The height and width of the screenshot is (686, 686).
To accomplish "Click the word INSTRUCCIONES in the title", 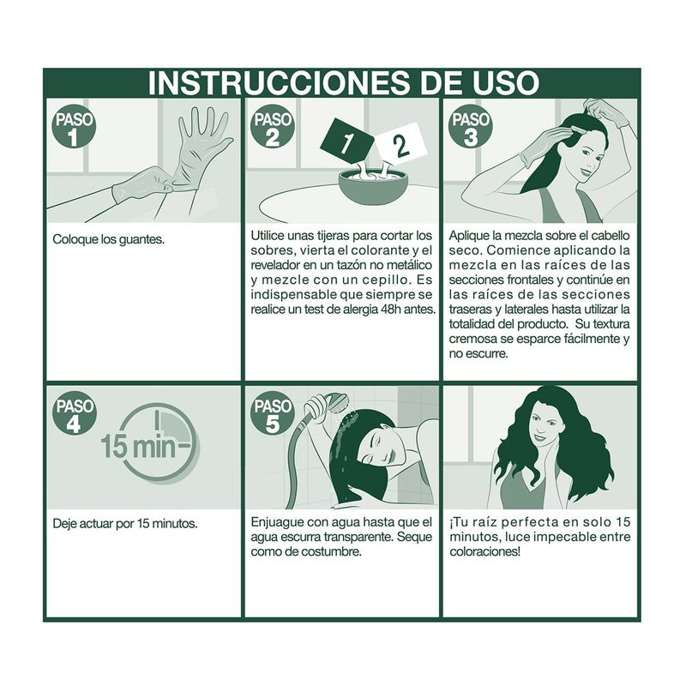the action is tap(280, 82).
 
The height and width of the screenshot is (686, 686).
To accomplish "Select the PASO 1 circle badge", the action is tap(74, 126).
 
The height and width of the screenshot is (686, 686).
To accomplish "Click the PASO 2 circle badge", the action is tap(272, 126).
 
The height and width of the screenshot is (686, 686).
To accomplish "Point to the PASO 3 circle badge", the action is tap(470, 126).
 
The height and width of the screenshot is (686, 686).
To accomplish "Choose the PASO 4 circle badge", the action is tap(74, 413).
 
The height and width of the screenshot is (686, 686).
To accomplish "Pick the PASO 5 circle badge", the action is tap(272, 413).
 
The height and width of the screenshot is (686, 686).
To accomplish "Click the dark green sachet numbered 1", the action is tap(347, 141).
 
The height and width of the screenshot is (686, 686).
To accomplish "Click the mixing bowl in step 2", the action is tap(373, 187).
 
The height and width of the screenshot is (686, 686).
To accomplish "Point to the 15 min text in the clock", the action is tap(138, 446).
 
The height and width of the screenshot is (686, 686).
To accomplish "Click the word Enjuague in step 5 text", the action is tap(277, 523).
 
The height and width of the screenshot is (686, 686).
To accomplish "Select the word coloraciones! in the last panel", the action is tap(485, 551).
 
